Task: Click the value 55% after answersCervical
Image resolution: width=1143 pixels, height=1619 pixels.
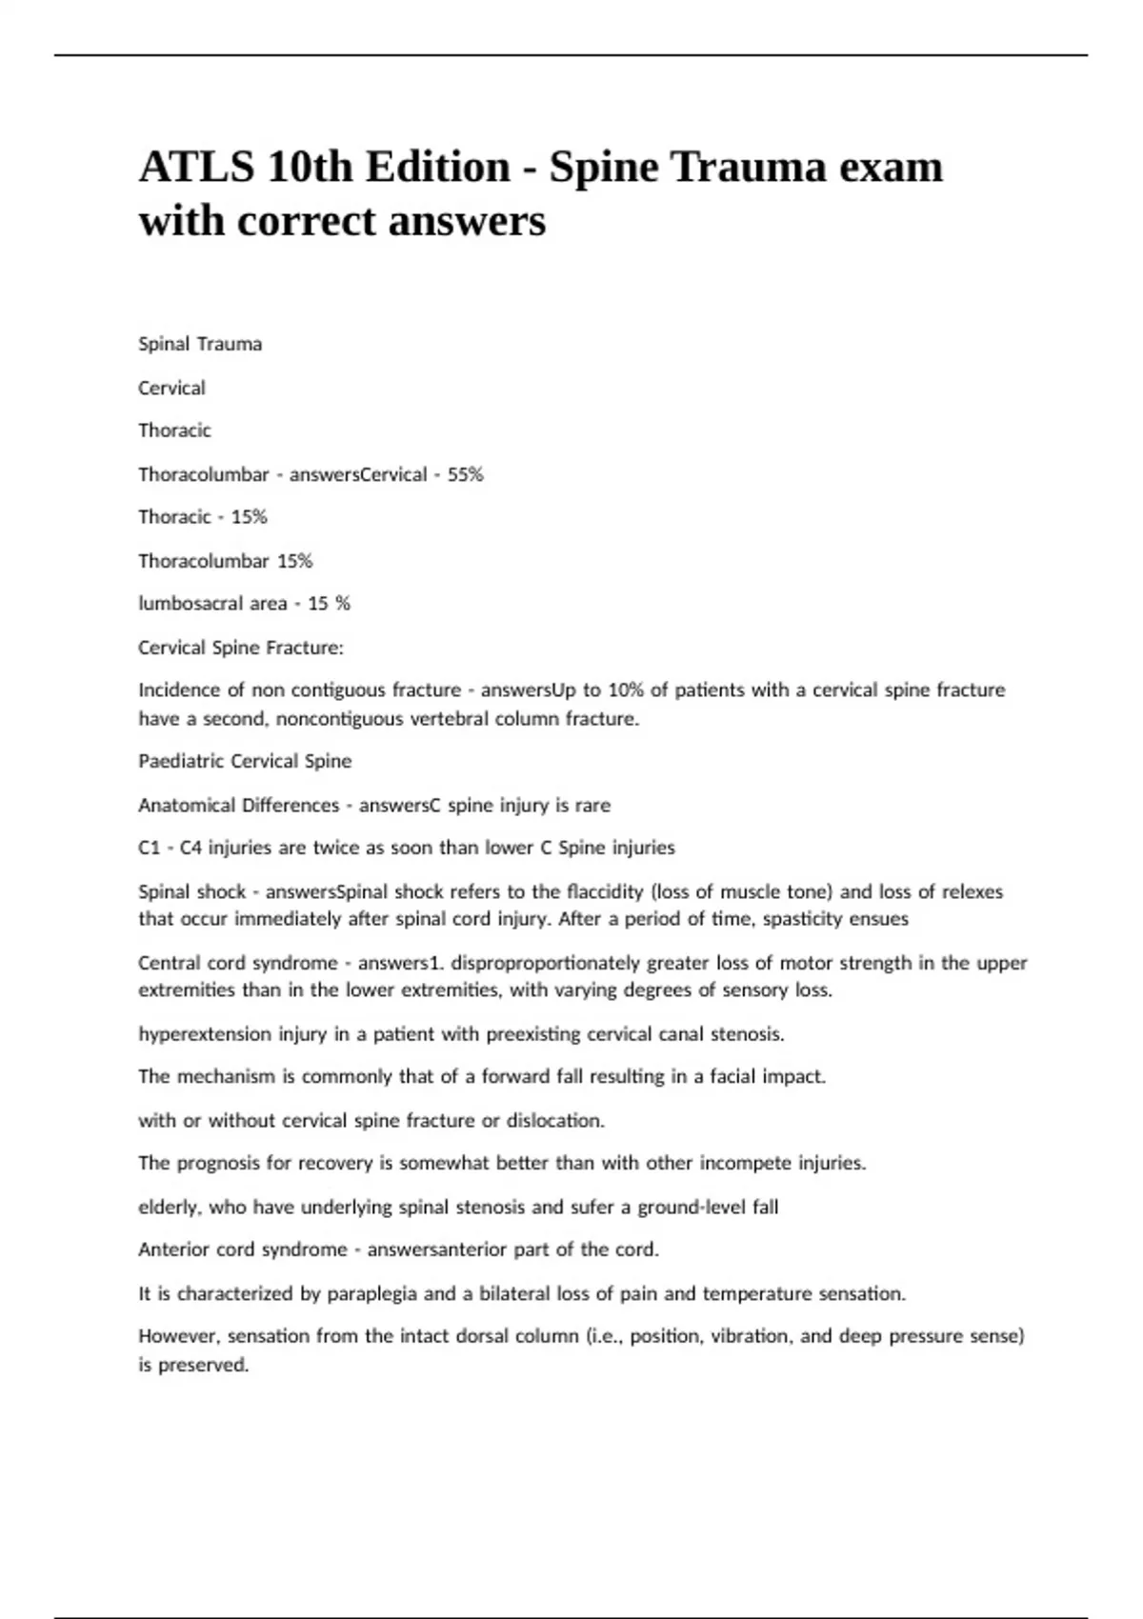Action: [465, 474]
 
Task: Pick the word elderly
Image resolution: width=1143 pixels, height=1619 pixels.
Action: [169, 1207]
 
